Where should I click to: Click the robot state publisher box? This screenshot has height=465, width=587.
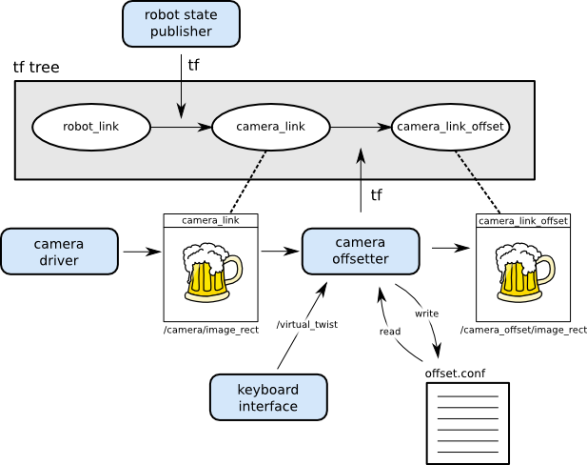(181, 24)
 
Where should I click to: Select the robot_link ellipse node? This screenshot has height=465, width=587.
(91, 127)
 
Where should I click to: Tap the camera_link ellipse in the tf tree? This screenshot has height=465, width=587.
(270, 127)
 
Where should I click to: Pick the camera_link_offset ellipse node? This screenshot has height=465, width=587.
(450, 127)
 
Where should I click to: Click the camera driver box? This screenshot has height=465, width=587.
(59, 252)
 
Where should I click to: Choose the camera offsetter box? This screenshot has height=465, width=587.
(361, 251)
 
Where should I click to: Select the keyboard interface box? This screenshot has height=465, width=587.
(268, 397)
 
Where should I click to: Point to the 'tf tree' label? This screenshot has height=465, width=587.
(36, 68)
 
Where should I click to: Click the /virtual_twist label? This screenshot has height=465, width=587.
(299, 325)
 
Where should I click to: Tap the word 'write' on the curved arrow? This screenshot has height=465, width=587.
(426, 313)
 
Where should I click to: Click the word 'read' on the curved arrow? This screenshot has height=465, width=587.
(390, 332)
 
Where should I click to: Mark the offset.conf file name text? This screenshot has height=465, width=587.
(455, 373)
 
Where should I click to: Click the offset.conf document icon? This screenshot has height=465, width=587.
(467, 423)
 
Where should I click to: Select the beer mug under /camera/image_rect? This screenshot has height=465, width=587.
(211, 273)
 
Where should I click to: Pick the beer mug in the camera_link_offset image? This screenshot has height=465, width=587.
(523, 273)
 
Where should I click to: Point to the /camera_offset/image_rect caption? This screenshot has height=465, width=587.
(522, 330)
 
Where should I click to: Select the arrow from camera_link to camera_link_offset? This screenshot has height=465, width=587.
(361, 127)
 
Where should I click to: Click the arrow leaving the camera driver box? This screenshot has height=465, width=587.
(141, 252)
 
